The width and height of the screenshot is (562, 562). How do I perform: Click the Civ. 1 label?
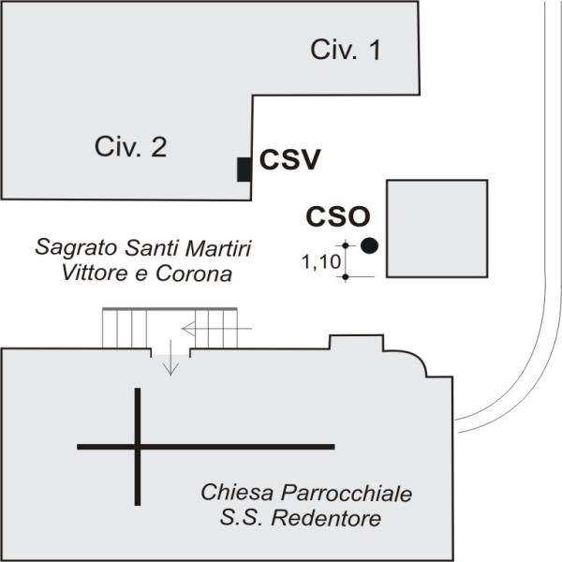point(345,50)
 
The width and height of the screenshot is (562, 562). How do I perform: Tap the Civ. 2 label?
point(131,147)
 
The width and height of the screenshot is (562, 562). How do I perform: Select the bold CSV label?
point(289,159)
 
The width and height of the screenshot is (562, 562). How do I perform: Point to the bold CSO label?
point(337,216)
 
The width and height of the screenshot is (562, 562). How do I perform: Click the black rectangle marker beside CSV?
point(244,170)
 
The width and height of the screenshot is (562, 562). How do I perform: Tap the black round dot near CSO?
point(369,245)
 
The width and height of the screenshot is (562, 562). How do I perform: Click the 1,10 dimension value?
point(321,261)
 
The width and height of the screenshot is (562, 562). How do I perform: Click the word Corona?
point(194,274)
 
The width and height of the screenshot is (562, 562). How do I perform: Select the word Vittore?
point(95,274)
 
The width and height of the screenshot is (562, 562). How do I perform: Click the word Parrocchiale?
point(347,493)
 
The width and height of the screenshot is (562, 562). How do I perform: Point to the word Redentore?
point(326,518)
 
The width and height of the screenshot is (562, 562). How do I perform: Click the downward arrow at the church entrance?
point(171,358)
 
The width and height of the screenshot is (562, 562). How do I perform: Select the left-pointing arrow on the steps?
point(217,329)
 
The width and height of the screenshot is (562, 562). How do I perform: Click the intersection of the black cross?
point(138,447)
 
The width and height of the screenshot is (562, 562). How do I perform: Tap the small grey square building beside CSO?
point(436,229)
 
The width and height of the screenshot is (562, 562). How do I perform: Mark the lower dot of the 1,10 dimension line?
point(345,276)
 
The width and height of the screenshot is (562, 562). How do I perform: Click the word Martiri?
point(217,247)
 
